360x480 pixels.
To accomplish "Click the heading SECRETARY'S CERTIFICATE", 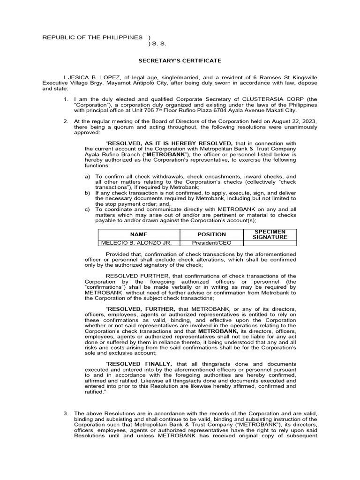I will point(180,60).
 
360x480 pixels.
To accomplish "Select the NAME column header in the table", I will point(139,234).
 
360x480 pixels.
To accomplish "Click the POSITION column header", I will point(211,234).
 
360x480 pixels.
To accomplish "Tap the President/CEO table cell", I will point(211,243).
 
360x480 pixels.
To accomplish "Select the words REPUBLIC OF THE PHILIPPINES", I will point(92,37).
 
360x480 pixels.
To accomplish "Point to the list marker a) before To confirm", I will point(87,177).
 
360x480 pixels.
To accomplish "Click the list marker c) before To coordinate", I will point(87,209).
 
